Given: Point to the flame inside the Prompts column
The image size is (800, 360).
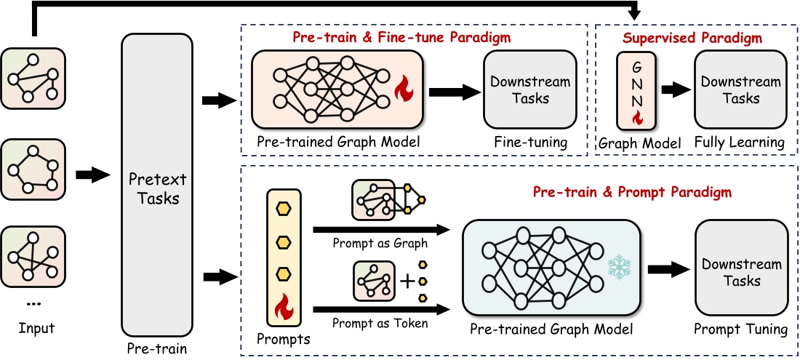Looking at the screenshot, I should click(284, 313).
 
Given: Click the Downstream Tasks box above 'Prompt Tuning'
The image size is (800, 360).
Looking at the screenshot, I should click(742, 272).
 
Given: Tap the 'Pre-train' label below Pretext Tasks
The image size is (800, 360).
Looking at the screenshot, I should click(157, 348).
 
